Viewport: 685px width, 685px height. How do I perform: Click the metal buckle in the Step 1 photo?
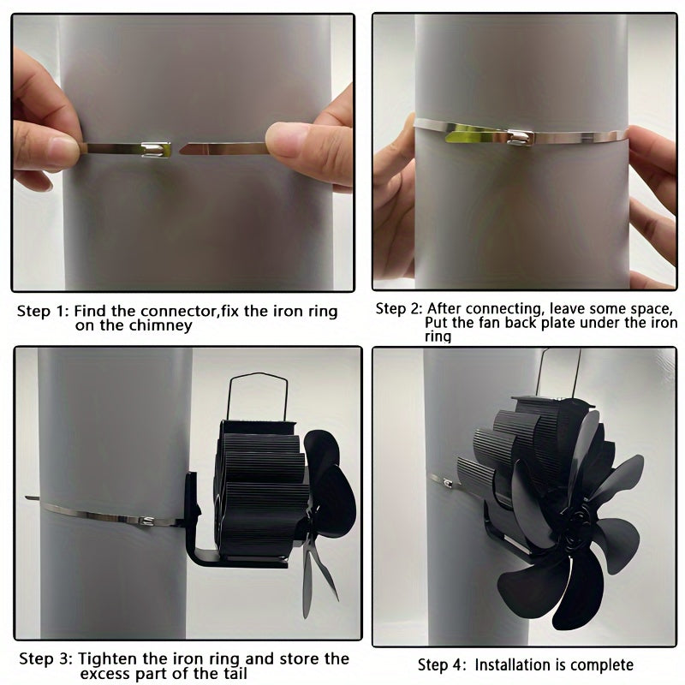(156, 149)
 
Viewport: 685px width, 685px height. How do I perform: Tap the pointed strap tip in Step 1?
(181, 150)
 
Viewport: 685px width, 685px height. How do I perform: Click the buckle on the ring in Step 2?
(521, 137)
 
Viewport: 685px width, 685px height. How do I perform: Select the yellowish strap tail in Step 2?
(468, 134)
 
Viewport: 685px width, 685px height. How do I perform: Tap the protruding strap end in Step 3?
(33, 498)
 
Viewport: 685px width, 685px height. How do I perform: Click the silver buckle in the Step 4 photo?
(448, 482)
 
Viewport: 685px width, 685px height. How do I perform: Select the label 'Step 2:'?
(399, 308)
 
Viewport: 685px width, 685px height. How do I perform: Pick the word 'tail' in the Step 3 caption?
(233, 673)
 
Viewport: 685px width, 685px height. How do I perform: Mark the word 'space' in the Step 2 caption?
(650, 309)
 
